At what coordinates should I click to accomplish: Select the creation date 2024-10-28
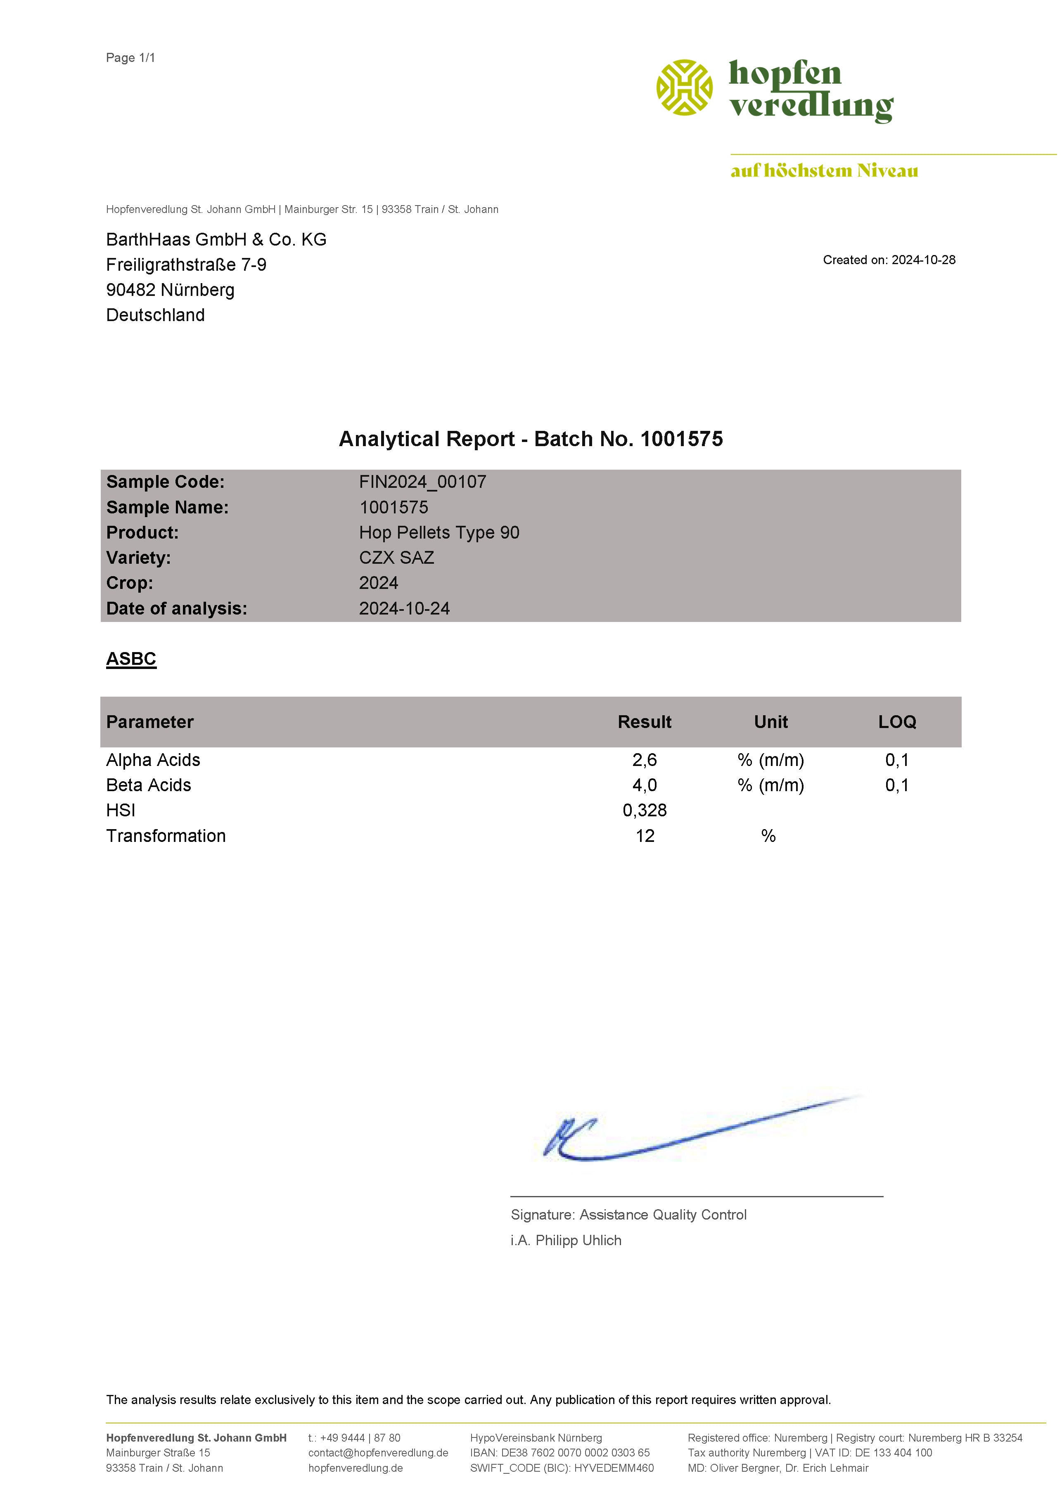[x=923, y=260]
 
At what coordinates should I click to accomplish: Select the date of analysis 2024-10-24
[x=404, y=609]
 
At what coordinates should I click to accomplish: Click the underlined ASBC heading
[x=131, y=659]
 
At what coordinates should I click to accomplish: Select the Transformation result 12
[x=645, y=836]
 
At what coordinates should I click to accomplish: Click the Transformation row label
[x=166, y=836]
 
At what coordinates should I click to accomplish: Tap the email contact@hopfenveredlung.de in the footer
[x=378, y=1453]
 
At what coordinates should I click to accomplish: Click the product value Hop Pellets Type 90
[x=439, y=533]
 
